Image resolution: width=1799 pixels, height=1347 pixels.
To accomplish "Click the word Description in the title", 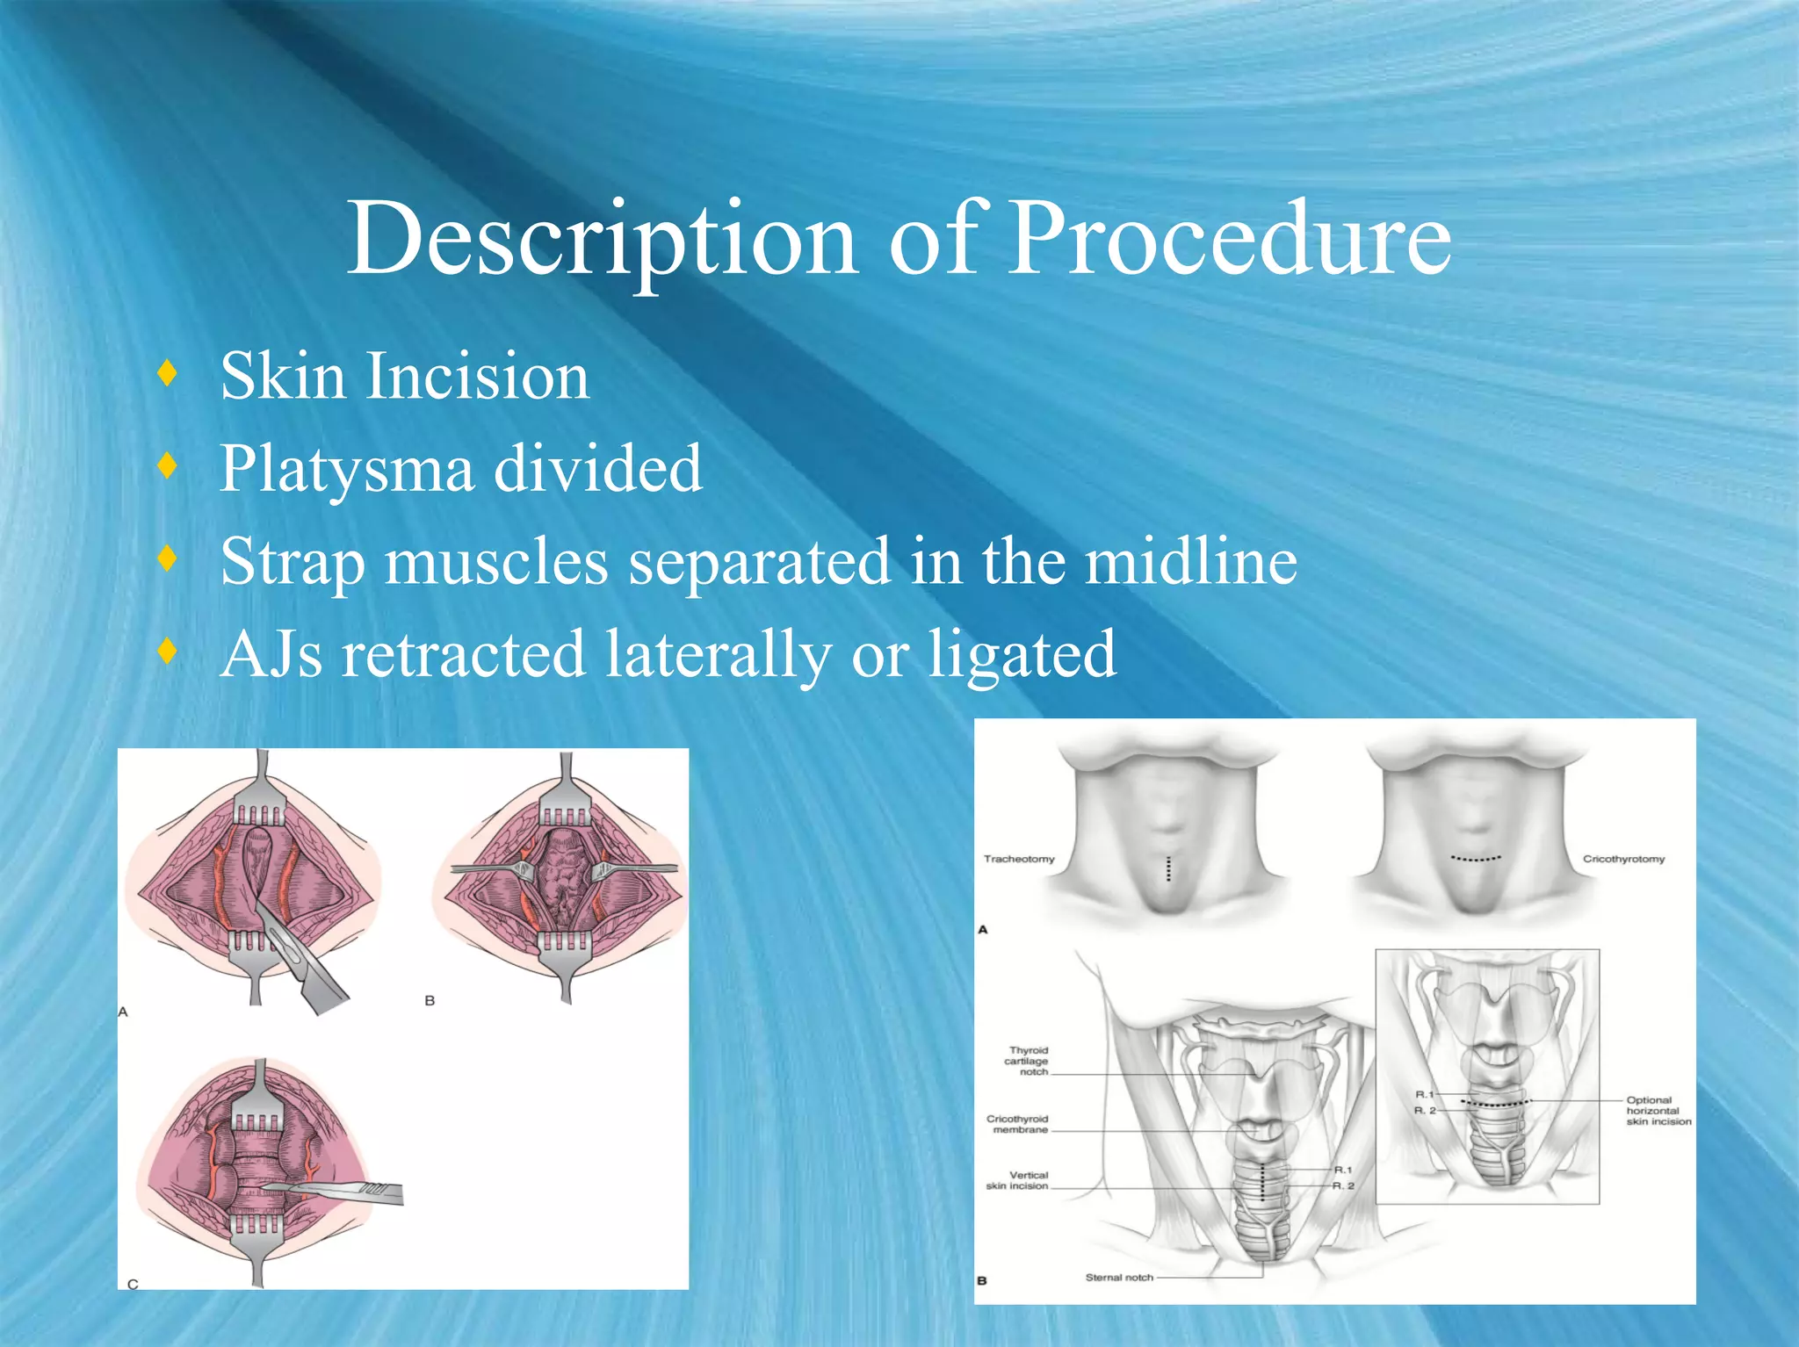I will [x=603, y=239].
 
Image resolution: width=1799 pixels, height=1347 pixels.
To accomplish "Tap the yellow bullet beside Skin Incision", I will [x=168, y=373].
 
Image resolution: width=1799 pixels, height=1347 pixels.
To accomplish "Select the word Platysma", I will [x=346, y=469].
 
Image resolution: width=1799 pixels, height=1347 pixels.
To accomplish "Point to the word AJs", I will [x=271, y=654].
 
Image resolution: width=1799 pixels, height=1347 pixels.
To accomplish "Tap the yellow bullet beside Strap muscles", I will [x=168, y=558].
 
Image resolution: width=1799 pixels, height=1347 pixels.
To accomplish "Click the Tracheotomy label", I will [x=1018, y=859].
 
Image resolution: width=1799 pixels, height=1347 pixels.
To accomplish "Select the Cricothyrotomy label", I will [x=1623, y=859].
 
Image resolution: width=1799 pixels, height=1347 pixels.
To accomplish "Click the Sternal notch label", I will [x=1118, y=1278].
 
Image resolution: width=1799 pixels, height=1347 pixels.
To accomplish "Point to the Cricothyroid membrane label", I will [x=1016, y=1124].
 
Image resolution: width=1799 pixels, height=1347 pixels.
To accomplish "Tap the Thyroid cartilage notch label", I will [x=1027, y=1061].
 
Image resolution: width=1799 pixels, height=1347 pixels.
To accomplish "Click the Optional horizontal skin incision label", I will [x=1657, y=1111].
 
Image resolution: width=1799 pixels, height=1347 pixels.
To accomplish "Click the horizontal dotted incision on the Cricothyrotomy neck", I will [x=1476, y=859].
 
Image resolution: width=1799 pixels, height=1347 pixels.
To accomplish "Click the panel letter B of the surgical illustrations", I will [x=430, y=1000].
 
